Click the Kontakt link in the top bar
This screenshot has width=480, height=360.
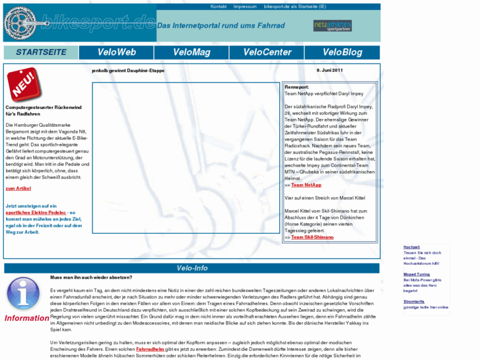pyautogui.click(x=219, y=7)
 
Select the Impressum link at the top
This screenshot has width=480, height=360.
pyautogui.click(x=245, y=7)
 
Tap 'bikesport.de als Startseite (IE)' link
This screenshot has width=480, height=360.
pyautogui.click(x=295, y=7)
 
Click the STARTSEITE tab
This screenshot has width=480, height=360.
pyautogui.click(x=41, y=52)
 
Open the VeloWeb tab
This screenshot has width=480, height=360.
pyautogui.click(x=116, y=52)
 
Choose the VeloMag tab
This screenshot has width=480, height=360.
pyautogui.click(x=191, y=52)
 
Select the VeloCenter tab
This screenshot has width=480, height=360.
pyautogui.click(x=267, y=52)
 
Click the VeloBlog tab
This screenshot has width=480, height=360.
pyautogui.click(x=342, y=52)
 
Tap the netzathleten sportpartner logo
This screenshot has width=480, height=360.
pyautogui.click(x=332, y=26)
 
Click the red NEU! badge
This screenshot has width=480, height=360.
pyautogui.click(x=24, y=84)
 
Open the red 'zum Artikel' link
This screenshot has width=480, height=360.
pyautogui.click(x=18, y=188)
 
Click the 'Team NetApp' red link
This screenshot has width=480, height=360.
pyautogui.click(x=306, y=185)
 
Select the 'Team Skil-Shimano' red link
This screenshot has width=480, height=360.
pyautogui.click(x=312, y=237)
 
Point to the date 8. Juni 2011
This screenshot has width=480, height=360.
pyautogui.click(x=329, y=70)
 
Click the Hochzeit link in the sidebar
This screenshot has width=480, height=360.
pyautogui.click(x=411, y=247)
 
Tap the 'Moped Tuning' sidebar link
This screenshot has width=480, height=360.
pyautogui.click(x=417, y=274)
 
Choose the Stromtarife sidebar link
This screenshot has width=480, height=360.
pyautogui.click(x=414, y=301)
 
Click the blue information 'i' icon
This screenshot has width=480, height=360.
pyautogui.click(x=24, y=293)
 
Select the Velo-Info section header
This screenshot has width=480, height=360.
pyautogui.click(x=192, y=268)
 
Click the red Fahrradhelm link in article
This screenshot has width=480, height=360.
pyautogui.click(x=151, y=348)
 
